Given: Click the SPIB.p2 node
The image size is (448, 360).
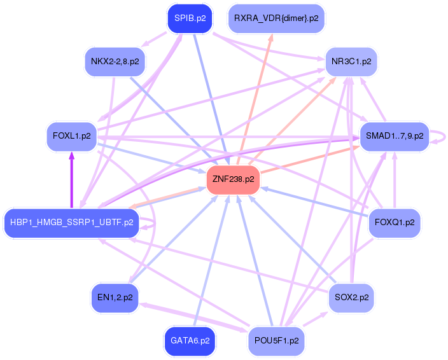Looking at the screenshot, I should click(190, 18).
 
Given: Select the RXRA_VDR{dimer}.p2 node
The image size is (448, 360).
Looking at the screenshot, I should click(276, 18).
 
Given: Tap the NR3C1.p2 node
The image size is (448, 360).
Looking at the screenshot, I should click(351, 62).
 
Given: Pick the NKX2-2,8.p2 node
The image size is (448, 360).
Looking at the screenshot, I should click(115, 62).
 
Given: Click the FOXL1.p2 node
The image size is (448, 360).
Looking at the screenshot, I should click(71, 136).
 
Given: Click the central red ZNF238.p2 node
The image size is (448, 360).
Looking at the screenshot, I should click(233, 179).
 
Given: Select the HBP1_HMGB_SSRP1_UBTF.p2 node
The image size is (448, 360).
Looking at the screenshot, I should click(71, 223).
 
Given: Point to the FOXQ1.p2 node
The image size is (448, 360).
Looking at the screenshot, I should click(395, 223).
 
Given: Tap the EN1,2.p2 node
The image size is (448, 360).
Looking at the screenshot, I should click(115, 297).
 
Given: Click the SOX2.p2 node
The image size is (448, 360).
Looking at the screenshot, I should click(351, 297).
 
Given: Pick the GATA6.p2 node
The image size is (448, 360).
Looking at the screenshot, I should click(190, 341).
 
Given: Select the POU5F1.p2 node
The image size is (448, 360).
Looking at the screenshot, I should click(276, 341).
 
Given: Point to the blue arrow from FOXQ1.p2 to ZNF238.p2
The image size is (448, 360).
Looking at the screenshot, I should click(318, 203).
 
